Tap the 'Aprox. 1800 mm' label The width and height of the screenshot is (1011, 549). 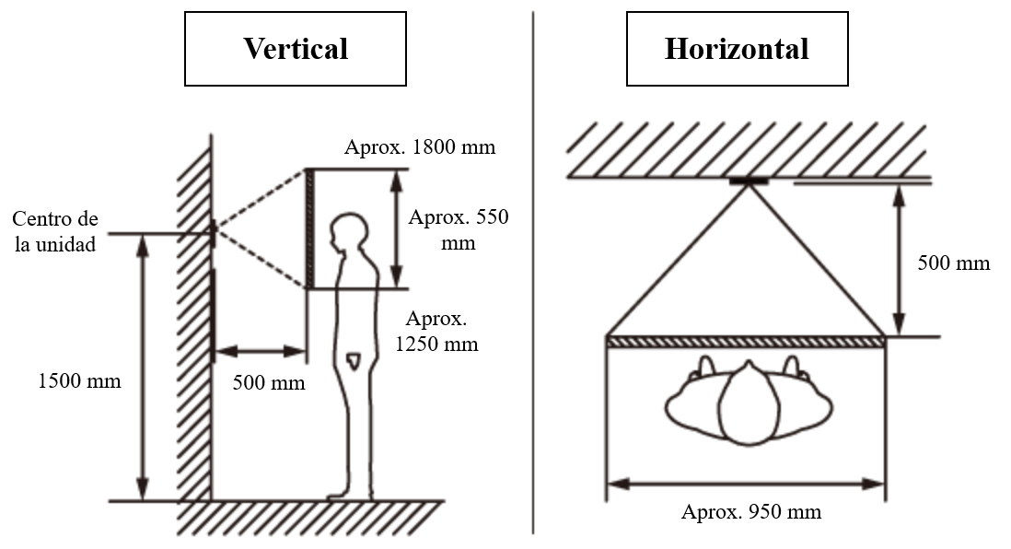coord(420,147)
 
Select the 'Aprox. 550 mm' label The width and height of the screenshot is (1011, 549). coord(459,229)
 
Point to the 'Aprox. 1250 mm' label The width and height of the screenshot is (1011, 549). coord(436,331)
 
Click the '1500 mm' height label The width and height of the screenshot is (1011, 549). coord(79,380)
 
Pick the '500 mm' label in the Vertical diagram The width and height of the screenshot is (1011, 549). coord(269,382)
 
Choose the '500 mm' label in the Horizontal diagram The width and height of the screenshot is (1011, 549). coord(954,263)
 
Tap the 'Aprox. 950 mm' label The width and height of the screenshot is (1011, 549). coord(751,512)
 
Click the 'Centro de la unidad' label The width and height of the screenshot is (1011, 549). coord(55,231)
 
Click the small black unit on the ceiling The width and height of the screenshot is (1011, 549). coord(749,181)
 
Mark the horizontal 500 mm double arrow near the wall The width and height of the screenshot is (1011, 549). coord(260,352)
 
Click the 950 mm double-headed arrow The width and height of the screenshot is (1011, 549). coord(746,484)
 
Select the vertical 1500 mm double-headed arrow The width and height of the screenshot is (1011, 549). coord(143,368)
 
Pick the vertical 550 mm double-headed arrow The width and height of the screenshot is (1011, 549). coord(397,228)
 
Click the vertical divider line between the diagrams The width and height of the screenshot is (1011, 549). coord(533,273)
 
